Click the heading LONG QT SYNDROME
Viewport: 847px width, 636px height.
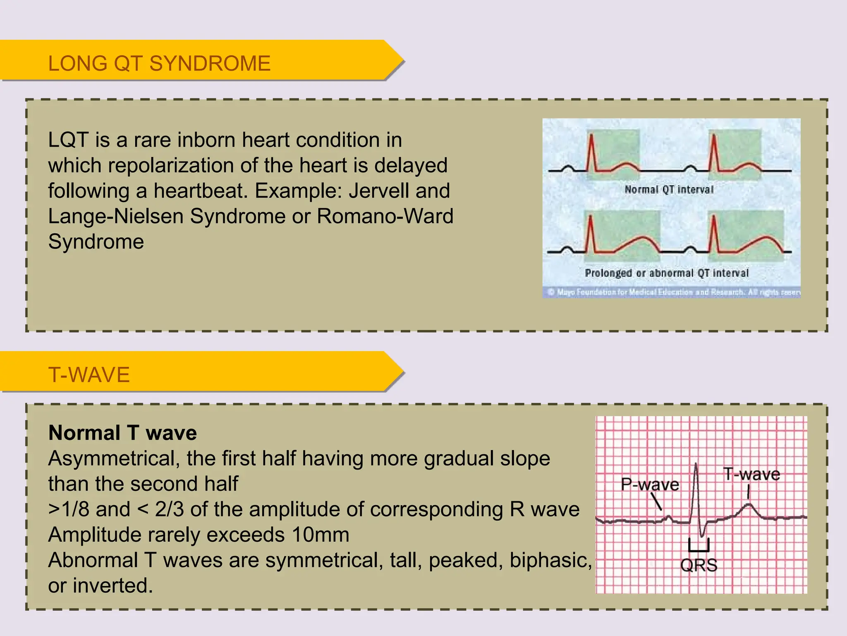pyautogui.click(x=159, y=64)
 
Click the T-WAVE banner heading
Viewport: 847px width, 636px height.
pyautogui.click(x=89, y=375)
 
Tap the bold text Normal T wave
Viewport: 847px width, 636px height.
pyautogui.click(x=122, y=433)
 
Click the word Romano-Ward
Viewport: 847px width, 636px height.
pyautogui.click(x=385, y=216)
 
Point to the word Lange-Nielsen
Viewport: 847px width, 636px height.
pyautogui.click(x=115, y=216)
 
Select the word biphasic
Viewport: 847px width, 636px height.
pyautogui.click(x=550, y=560)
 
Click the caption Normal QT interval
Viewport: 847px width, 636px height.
pyautogui.click(x=669, y=190)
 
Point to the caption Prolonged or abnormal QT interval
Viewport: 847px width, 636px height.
pyautogui.click(x=666, y=273)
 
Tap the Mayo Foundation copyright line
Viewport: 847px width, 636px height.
pyautogui.click(x=674, y=292)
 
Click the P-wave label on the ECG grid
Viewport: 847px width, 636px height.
pyautogui.click(x=650, y=484)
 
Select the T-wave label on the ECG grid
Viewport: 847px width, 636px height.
pyautogui.click(x=751, y=474)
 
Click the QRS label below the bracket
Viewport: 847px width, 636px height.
pyautogui.click(x=699, y=565)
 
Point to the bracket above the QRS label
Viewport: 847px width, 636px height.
pyautogui.click(x=699, y=546)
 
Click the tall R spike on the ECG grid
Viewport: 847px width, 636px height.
pyautogui.click(x=696, y=480)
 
